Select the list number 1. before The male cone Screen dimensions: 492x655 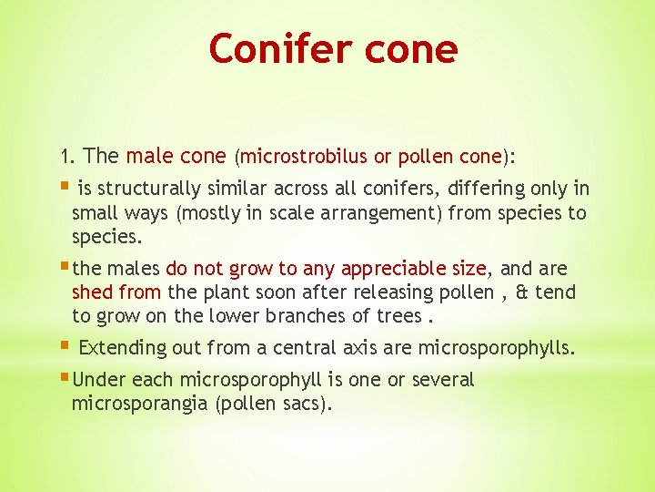[68, 157]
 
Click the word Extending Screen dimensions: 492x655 [123, 348]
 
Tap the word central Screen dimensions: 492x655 [306, 348]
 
